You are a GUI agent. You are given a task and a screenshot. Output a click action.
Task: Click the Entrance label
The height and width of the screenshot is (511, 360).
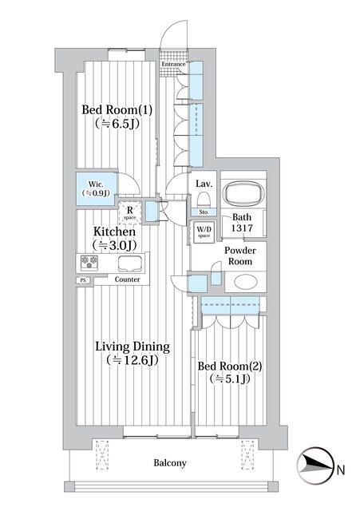coord(173,64)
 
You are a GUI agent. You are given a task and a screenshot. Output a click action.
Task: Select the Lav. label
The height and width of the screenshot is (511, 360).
coord(203,183)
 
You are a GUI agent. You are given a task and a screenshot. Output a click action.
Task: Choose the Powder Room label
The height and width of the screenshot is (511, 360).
coord(239,255)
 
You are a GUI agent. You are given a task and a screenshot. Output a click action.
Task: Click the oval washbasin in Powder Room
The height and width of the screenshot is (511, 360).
coord(246,283)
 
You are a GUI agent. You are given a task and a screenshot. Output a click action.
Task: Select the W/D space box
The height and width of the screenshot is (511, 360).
coord(204,232)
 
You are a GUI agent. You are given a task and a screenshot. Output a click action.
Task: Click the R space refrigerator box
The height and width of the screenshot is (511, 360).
coord(129,213)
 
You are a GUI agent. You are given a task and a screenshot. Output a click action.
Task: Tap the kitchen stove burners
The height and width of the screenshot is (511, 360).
coord(87,263)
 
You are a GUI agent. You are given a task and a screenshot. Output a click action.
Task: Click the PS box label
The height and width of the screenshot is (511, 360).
coord(81,280)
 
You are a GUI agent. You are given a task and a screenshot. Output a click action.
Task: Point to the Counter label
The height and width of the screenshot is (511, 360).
coord(128,279)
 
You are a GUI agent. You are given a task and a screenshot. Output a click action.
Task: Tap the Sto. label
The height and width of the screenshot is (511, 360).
coord(203,212)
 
